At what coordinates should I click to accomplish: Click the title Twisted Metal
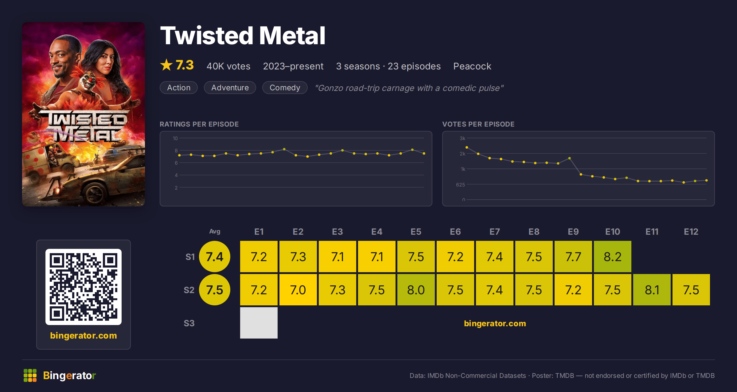pos(243,36)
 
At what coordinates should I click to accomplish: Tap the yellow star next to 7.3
pos(166,65)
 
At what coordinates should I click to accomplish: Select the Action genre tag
pos(179,88)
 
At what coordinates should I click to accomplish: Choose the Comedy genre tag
pos(285,88)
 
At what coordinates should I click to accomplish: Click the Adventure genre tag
pos(230,88)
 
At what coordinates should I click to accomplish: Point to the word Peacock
pos(472,66)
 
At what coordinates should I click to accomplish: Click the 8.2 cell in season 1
pos(613,257)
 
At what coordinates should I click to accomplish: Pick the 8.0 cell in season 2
pos(416,290)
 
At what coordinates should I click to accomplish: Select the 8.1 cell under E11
pos(652,290)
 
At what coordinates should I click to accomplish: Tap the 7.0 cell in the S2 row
pos(298,290)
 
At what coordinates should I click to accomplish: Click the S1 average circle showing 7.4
pos(215,257)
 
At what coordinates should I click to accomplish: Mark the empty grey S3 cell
pos(259,323)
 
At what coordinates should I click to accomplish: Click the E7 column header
pos(495,232)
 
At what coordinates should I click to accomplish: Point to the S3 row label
pos(189,323)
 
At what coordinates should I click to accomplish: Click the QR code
pos(84,287)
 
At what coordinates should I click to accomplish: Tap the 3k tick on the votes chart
pos(462,138)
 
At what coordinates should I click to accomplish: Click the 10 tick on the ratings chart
pos(175,138)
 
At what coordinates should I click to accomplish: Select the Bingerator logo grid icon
pos(30,375)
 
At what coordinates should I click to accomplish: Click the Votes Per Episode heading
pos(478,124)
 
